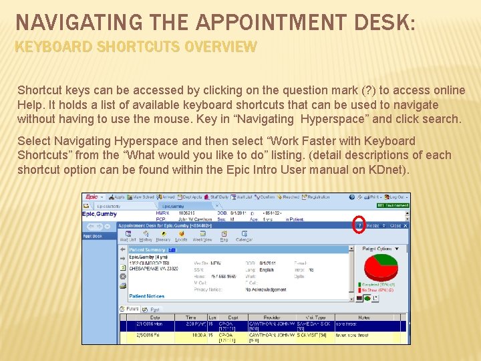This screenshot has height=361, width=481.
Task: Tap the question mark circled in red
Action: [x=359, y=225]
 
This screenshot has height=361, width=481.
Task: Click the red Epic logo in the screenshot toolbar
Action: [x=92, y=197]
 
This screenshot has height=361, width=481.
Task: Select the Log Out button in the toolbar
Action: [x=397, y=197]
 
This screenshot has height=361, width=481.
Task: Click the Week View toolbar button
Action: [x=202, y=237]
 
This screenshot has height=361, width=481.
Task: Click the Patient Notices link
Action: [x=147, y=295]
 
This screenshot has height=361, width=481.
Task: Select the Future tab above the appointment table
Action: [x=132, y=309]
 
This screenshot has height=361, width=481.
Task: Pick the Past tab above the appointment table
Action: [x=154, y=309]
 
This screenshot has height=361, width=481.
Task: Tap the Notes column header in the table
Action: [x=363, y=317]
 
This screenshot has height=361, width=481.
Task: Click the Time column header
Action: [x=191, y=317]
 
